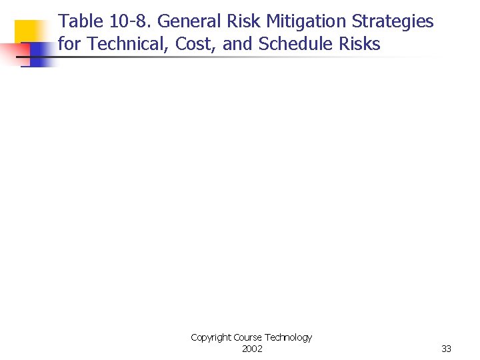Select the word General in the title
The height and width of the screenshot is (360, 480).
187,22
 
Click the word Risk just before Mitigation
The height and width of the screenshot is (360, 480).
243,22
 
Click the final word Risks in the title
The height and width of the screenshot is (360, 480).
359,45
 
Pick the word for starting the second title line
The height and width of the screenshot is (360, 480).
70,45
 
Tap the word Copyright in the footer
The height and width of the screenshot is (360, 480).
211,338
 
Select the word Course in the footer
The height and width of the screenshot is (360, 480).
247,338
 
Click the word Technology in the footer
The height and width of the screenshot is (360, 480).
288,338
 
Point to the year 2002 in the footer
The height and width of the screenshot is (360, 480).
252,349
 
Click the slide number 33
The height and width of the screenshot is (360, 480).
446,349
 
